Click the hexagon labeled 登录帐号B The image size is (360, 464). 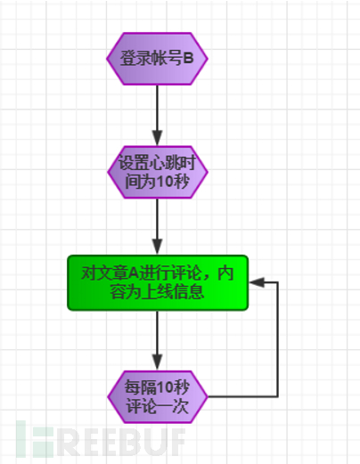157,59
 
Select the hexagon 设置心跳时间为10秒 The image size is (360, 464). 158,172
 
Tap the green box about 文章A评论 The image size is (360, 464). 158,283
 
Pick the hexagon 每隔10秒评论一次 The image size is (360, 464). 158,397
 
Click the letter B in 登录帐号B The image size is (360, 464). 188,58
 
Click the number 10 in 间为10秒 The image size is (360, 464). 165,182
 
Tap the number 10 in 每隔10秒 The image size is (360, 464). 165,387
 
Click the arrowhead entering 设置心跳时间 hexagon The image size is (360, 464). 157,138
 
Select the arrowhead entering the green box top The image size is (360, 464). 157,248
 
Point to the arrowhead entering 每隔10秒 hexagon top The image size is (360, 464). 157,362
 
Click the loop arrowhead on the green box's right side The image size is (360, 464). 257,282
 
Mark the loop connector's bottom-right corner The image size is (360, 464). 278,396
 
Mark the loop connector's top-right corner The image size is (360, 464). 278,282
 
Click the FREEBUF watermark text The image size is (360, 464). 101,439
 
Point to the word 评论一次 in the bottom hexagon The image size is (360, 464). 157,406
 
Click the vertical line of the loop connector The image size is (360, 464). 278,339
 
